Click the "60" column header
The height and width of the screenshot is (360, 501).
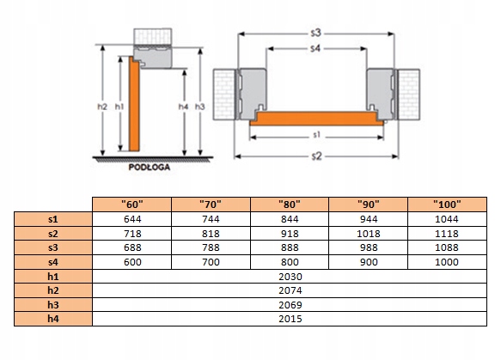[x=132, y=204]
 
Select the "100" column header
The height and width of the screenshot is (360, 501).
[x=447, y=204]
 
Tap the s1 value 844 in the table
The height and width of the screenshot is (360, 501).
[x=290, y=219]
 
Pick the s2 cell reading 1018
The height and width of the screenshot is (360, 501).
[x=369, y=234]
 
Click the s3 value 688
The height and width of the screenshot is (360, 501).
[x=132, y=247]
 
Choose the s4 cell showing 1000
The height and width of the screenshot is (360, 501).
[x=447, y=262]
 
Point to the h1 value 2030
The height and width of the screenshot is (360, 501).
[x=290, y=277]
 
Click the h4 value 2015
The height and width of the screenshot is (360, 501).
[x=290, y=319]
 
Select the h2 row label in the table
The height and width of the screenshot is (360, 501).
[x=53, y=290]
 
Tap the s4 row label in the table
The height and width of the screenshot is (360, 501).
[x=53, y=262]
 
